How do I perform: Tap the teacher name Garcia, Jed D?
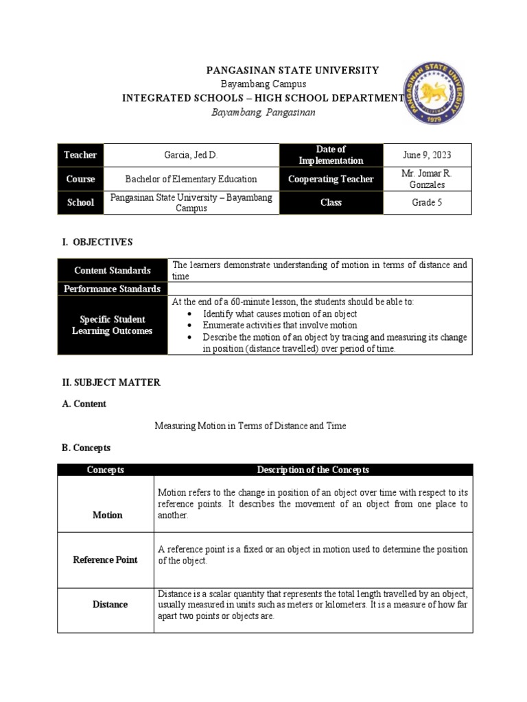pyautogui.click(x=191, y=155)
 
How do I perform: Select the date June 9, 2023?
pyautogui.click(x=427, y=155)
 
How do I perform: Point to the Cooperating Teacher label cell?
pyautogui.click(x=331, y=179)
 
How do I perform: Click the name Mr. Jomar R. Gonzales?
pyautogui.click(x=427, y=179)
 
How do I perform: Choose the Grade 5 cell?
pyautogui.click(x=427, y=203)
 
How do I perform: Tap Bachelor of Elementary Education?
pyautogui.click(x=191, y=179)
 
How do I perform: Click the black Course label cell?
pyautogui.click(x=80, y=179)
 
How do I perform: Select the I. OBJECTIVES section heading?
pyautogui.click(x=97, y=242)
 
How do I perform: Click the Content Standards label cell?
pyautogui.click(x=113, y=270)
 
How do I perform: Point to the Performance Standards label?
pyautogui.click(x=113, y=289)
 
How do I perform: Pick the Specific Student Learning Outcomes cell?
pyautogui.click(x=113, y=325)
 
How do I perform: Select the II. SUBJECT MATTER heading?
pyautogui.click(x=111, y=383)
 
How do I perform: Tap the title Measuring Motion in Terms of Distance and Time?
pyautogui.click(x=250, y=426)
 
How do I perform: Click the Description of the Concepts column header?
pyautogui.click(x=313, y=470)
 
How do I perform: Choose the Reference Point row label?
pyautogui.click(x=106, y=559)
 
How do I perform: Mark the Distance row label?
pyautogui.click(x=110, y=605)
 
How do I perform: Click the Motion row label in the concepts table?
pyautogui.click(x=108, y=515)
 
